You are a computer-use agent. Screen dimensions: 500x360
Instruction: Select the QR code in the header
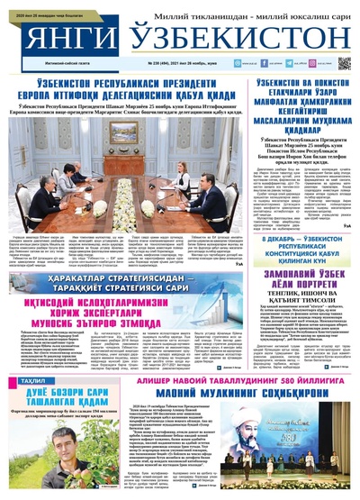(344, 63)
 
